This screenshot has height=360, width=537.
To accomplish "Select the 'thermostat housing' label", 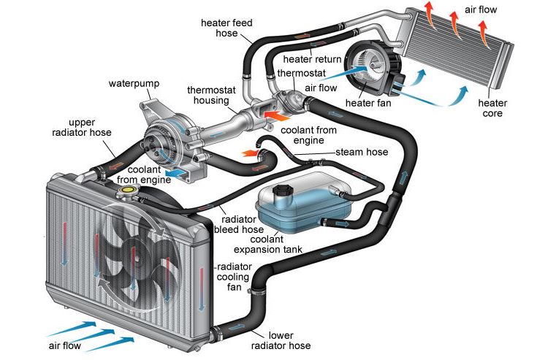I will tap(212, 96).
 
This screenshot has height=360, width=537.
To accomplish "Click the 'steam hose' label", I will tap(362, 153).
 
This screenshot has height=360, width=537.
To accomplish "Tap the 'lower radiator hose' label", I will tap(280, 340).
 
